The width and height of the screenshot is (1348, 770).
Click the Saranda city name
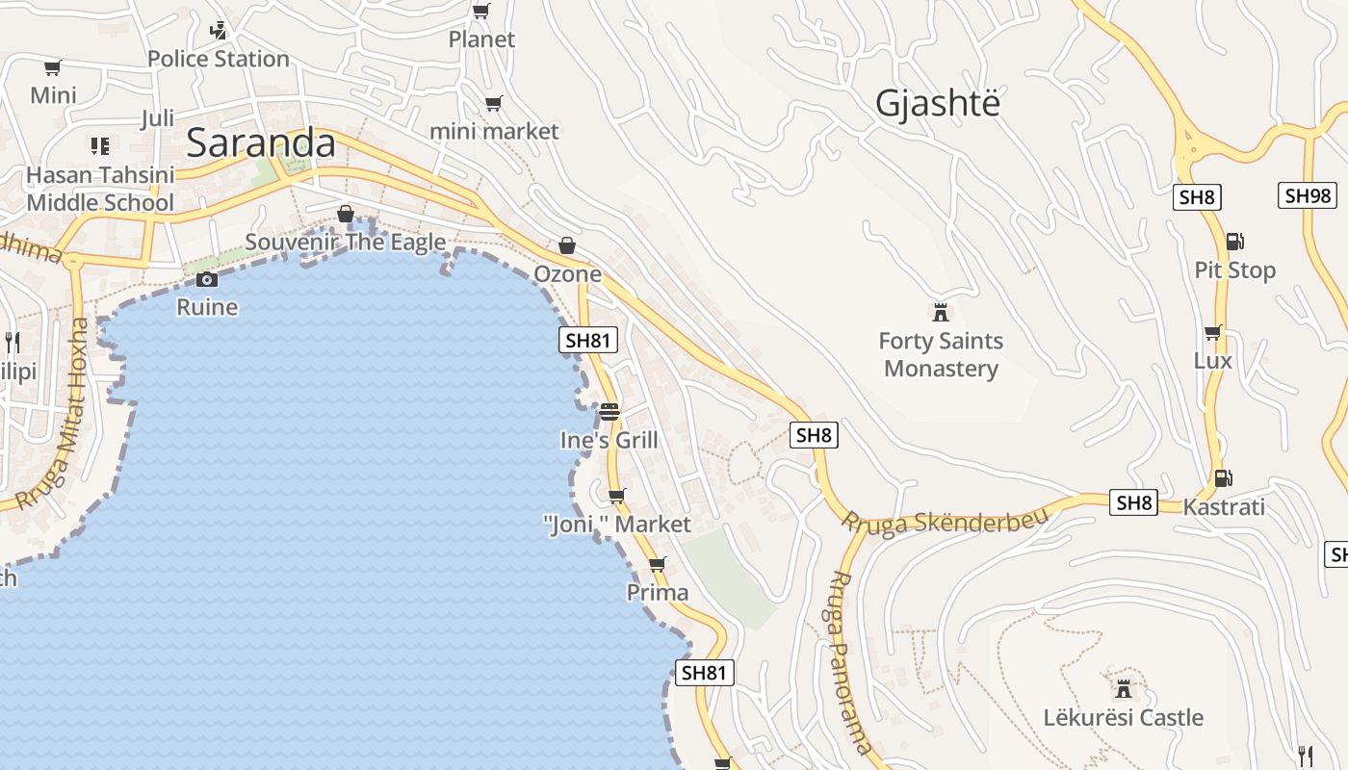pos(260,143)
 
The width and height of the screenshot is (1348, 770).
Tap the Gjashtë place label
pos(937,104)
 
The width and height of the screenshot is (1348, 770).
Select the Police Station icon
pos(219,31)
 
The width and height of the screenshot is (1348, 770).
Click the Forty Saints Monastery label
pos(941,355)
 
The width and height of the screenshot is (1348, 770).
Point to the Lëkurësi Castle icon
pos(1123,688)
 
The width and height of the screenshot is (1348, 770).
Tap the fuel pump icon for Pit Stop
pos(1234,242)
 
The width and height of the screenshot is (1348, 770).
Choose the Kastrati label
pos(1223,506)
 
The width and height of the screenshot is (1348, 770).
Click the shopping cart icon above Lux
pos(1212,333)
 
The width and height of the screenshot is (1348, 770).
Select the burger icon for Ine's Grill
pos(609,412)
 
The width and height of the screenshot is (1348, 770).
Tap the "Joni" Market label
pos(617,525)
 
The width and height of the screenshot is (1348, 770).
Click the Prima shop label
pos(658,593)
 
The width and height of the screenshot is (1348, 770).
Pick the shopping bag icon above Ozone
pos(567,246)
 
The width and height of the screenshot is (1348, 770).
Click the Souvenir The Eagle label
pos(346,243)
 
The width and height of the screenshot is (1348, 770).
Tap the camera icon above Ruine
pos(206,280)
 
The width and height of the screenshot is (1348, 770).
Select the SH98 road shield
pos(1308,196)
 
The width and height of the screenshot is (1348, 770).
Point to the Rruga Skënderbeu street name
pos(944,521)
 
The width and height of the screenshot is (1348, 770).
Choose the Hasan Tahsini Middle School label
pos(100,189)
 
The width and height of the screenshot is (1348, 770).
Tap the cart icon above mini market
pos(493,104)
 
